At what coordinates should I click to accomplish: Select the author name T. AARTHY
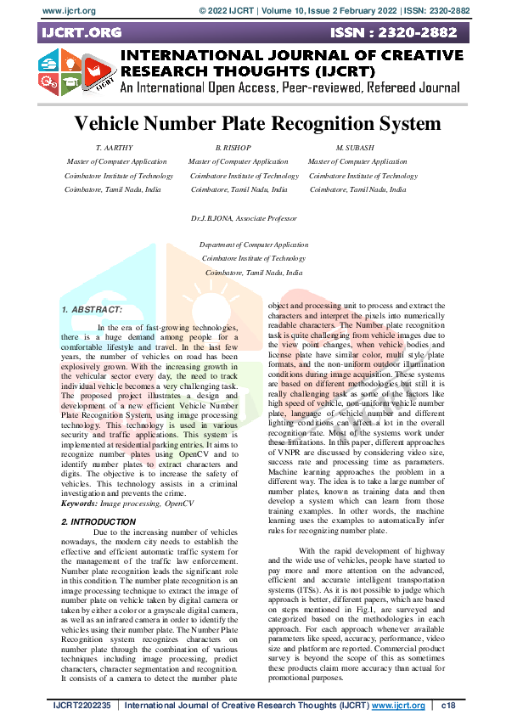(x=115, y=148)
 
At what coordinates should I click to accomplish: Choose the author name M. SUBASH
(x=356, y=148)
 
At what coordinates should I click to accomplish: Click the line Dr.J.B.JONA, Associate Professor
(x=245, y=218)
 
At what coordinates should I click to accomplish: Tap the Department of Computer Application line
(x=253, y=245)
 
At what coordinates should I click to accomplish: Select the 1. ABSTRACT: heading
(x=92, y=311)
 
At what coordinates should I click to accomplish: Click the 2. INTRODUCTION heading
(x=98, y=498)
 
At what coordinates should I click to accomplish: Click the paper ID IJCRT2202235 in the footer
(x=82, y=706)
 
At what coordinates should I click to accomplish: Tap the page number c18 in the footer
(x=448, y=706)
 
